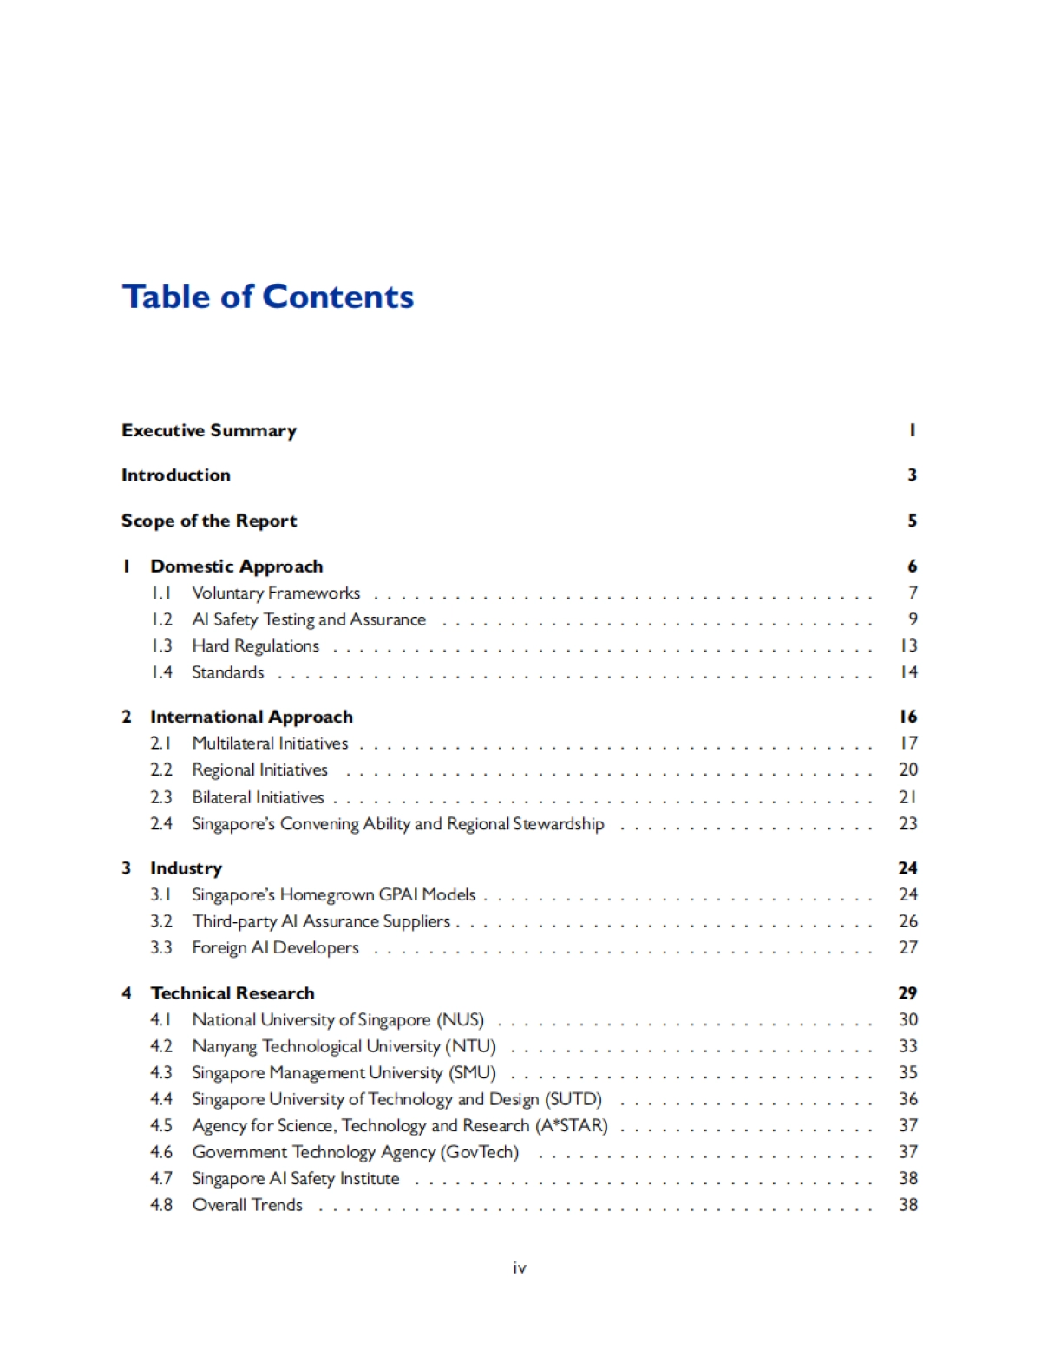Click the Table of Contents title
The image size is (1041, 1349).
(267, 297)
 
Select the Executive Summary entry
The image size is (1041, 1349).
(209, 430)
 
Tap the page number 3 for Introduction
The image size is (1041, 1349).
(912, 475)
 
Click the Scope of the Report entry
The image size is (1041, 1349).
(209, 521)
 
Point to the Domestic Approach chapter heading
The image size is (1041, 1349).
(236, 566)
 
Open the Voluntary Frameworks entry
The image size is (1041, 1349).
(276, 593)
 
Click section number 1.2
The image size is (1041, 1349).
(161, 619)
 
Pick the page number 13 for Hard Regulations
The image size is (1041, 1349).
(908, 646)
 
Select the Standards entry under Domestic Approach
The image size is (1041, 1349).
(228, 672)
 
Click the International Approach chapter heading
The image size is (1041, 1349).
(252, 717)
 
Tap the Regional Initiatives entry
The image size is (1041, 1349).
(260, 770)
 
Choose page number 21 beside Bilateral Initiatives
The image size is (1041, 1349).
(908, 797)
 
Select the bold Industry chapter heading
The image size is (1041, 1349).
(186, 868)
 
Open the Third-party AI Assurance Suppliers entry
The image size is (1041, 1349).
(321, 921)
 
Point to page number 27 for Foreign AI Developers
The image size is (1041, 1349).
(908, 947)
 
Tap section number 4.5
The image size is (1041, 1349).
(161, 1125)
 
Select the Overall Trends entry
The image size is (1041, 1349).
(247, 1205)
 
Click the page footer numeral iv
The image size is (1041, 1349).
(520, 1268)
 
